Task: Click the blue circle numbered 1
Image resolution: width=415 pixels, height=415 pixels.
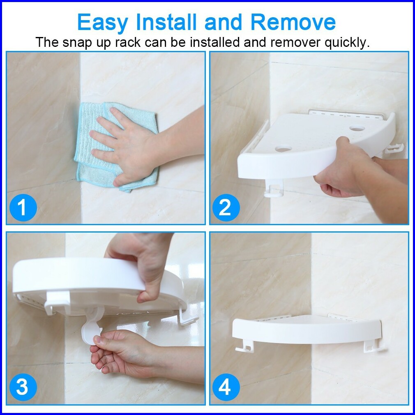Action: point(23,207)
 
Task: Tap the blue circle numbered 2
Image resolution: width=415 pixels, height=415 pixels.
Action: point(226,207)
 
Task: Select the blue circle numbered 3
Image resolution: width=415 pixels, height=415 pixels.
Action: point(23,387)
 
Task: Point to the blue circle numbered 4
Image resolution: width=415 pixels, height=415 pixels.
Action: point(226,387)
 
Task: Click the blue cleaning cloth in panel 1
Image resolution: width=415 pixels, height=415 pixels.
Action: point(116,147)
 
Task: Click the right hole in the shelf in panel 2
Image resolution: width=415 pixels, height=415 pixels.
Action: point(357,129)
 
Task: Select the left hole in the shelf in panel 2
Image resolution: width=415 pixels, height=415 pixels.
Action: point(283,149)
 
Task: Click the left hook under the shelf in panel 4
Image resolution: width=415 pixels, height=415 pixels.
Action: point(244,346)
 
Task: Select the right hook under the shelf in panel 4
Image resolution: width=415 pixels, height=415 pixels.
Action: point(373,346)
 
